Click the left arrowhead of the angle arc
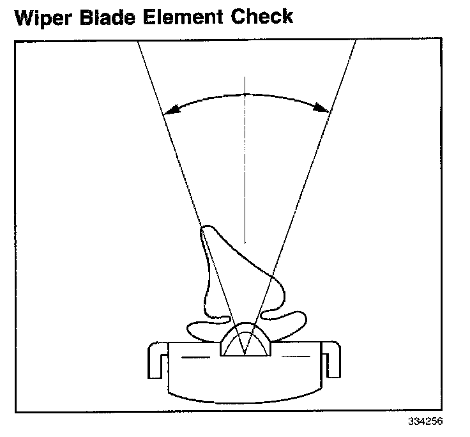(x=167, y=113)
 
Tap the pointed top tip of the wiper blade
(x=204, y=228)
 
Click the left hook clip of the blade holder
(x=156, y=362)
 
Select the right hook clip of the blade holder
(x=332, y=362)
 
